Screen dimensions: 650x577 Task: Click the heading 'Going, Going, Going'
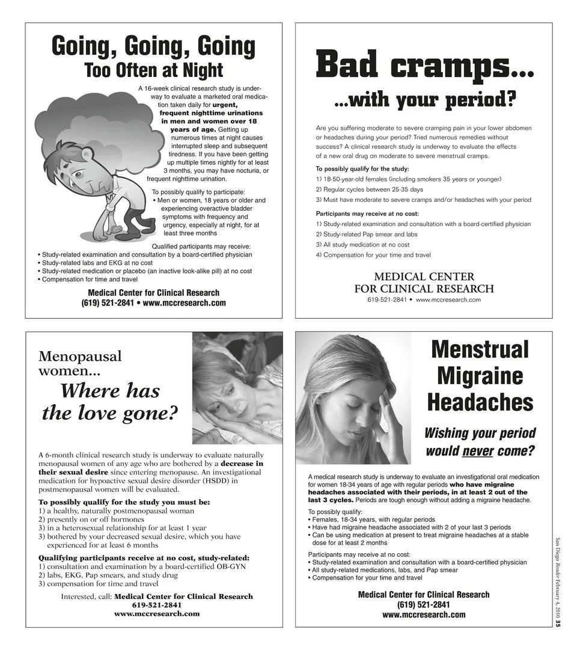click(x=153, y=46)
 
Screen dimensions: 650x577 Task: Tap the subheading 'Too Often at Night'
click(x=153, y=70)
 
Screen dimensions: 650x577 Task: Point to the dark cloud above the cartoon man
click(x=96, y=120)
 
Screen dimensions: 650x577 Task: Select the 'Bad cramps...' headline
click(x=424, y=65)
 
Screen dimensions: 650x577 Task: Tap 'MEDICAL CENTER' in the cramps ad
click(x=424, y=277)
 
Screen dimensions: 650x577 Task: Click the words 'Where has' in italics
click(x=110, y=391)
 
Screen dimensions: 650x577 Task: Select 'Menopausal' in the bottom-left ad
click(x=80, y=356)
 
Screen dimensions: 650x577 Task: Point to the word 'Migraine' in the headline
click(x=480, y=376)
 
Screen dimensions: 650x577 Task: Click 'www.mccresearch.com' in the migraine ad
click(x=424, y=615)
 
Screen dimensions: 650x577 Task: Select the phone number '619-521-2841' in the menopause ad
click(x=157, y=605)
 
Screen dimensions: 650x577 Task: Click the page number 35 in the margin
click(x=557, y=623)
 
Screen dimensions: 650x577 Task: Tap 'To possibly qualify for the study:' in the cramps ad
click(x=362, y=168)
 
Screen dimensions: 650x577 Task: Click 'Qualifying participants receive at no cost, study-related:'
click(x=144, y=557)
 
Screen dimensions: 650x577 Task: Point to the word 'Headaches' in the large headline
click(x=480, y=402)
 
